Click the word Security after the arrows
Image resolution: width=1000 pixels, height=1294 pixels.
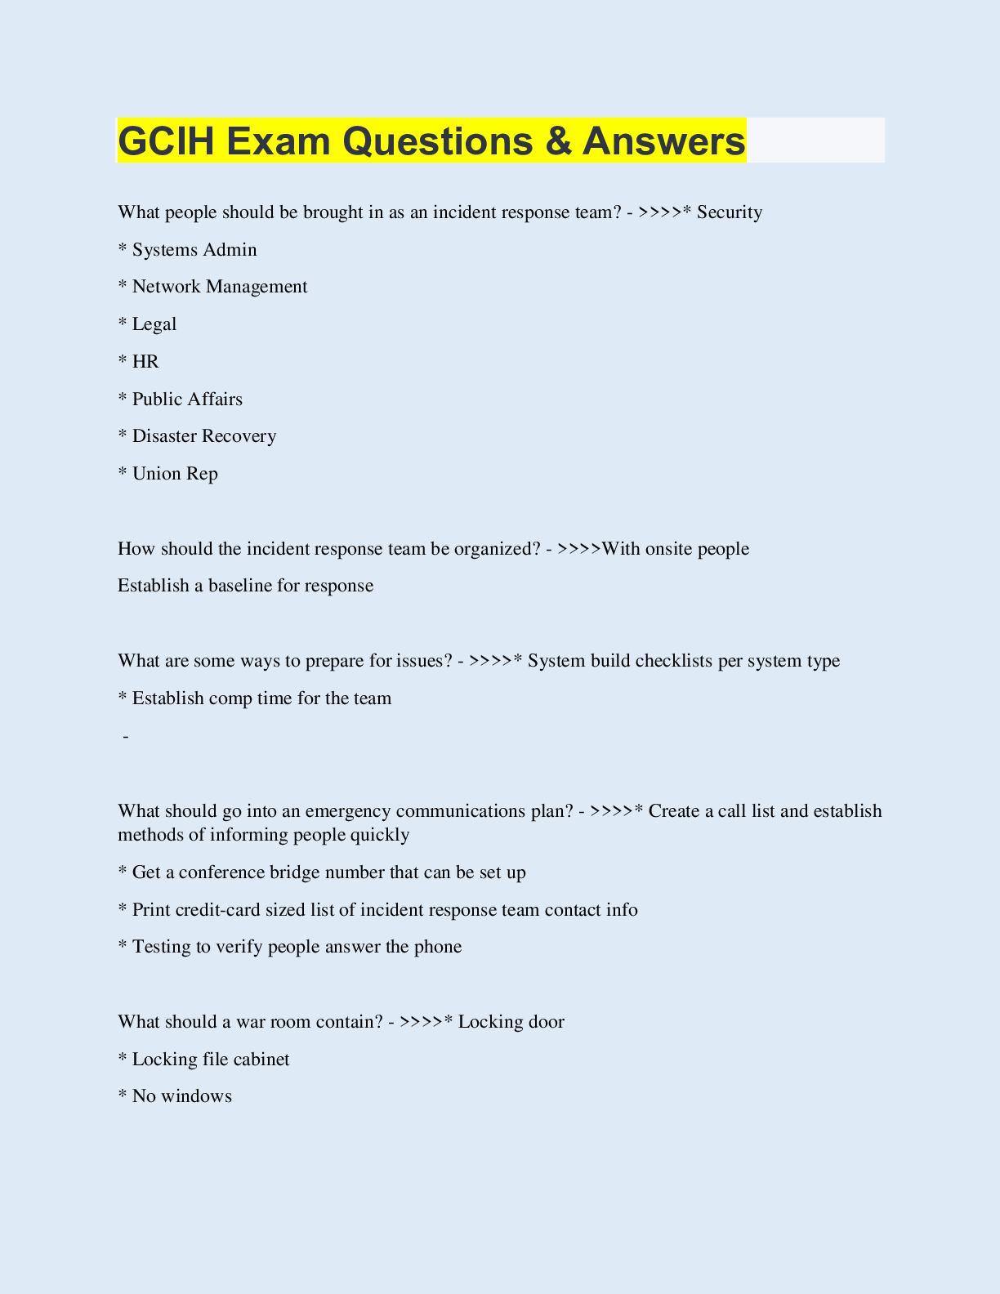click(730, 212)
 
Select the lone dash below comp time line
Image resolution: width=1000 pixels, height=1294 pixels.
click(126, 737)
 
